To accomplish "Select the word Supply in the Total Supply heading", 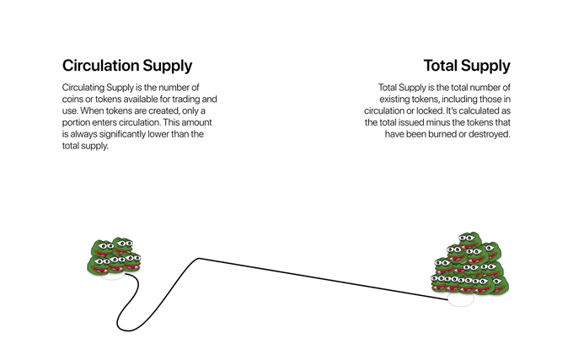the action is (490, 66).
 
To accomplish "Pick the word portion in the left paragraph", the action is (81, 123).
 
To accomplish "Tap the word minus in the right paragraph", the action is (436, 123).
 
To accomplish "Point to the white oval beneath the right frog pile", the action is (460, 300).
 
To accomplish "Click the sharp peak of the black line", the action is (198, 259).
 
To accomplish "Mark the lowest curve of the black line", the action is (120, 327).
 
